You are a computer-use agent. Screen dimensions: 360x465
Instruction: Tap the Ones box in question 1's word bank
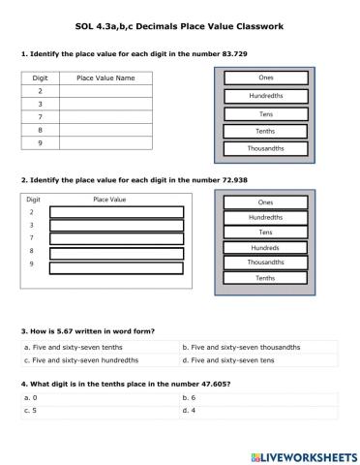[x=265, y=78]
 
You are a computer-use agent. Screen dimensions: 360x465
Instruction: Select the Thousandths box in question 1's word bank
[x=265, y=148]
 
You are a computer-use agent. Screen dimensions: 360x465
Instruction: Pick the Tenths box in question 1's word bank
[x=265, y=131]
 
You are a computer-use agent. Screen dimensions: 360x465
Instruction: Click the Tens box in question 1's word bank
[x=265, y=113]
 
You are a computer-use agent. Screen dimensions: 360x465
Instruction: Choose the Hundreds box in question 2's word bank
[x=265, y=247]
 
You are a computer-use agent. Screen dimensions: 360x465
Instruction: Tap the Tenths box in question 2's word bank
[x=265, y=278]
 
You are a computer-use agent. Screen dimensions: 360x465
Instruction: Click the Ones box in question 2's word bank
[x=265, y=202]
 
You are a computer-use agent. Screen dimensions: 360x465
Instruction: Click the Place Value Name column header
[x=105, y=77]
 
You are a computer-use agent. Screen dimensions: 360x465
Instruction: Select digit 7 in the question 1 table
[x=40, y=115]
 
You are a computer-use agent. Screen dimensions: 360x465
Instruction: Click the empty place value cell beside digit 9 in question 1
[x=105, y=142]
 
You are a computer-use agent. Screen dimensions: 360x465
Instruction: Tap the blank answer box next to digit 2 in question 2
[x=116, y=212]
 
